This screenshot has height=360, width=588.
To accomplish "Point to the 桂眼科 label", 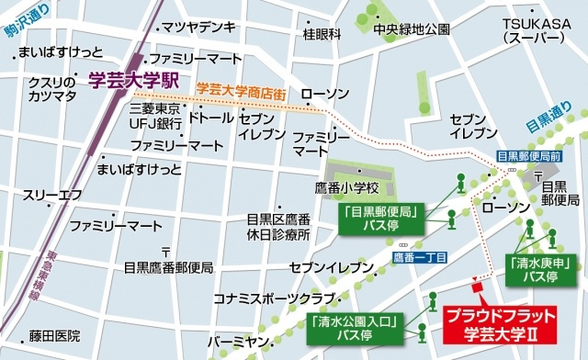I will tap(322, 34).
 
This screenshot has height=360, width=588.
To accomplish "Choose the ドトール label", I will tap(210, 118).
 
